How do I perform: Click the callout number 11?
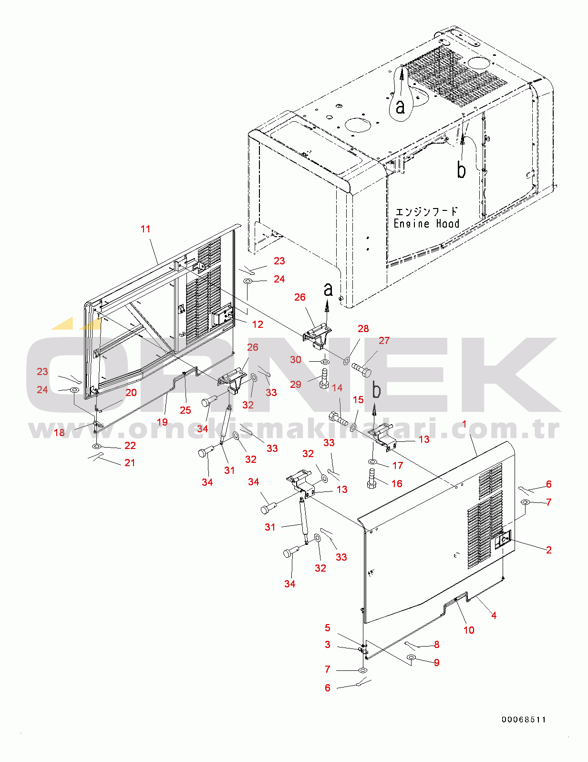tap(145, 229)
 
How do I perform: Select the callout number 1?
tap(464, 424)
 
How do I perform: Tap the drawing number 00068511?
tap(524, 720)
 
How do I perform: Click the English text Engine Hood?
tap(426, 223)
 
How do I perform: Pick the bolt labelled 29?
tap(324, 379)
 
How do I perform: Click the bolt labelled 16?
tap(372, 479)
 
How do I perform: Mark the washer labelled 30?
tap(325, 361)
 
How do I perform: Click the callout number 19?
tap(162, 422)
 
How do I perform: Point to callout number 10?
tap(469, 630)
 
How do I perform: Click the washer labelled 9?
tap(411, 657)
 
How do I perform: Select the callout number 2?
tap(549, 550)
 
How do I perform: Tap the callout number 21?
tap(130, 462)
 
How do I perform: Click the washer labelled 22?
tap(96, 446)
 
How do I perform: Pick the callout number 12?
tap(258, 324)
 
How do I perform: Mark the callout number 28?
tap(363, 329)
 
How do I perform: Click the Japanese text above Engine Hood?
tap(426, 211)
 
